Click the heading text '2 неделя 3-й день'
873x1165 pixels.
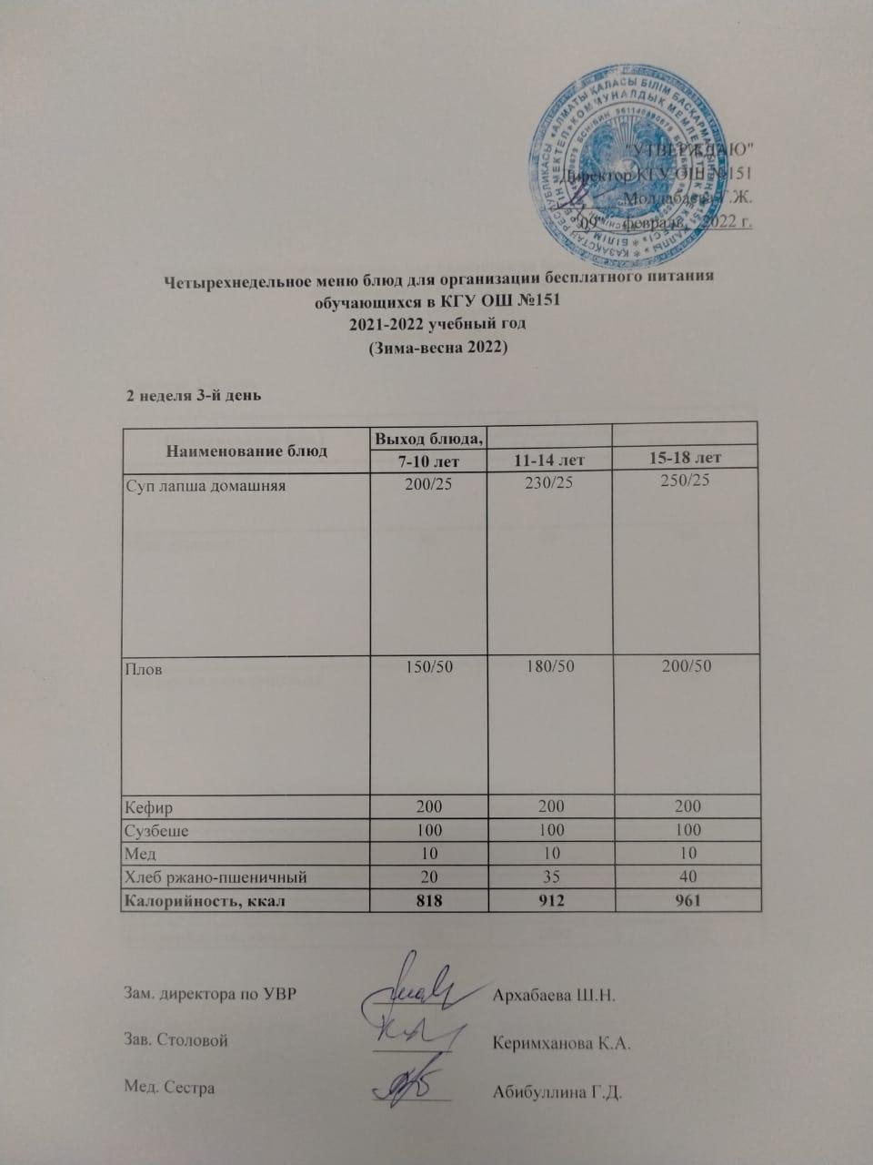[194, 396]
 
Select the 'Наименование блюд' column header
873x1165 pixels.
[246, 450]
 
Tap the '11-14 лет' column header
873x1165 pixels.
[549, 462]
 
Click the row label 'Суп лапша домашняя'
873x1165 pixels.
[205, 486]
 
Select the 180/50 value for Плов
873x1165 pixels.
[549, 667]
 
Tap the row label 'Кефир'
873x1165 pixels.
[149, 807]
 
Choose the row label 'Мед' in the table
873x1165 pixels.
[140, 854]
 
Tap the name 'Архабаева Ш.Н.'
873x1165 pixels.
[554, 993]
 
